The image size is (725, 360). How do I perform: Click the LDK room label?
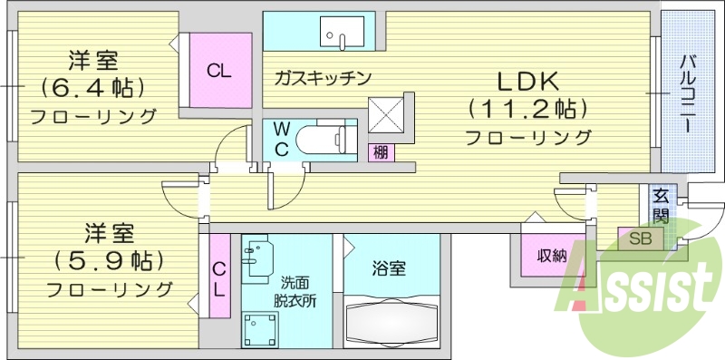point(527,80)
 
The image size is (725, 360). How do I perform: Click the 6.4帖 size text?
point(92,88)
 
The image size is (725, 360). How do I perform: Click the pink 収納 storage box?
point(549,256)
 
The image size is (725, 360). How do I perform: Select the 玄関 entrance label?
point(661,205)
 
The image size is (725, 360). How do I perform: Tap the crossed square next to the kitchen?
point(386,115)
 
